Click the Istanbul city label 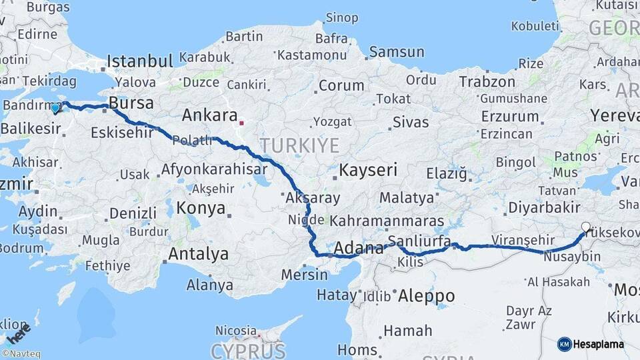[139, 61]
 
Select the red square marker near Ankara [241, 123]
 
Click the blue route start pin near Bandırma [55, 107]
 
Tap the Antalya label [198, 254]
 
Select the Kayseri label [368, 170]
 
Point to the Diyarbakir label [544, 207]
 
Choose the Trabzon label [487, 82]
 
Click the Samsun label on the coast [397, 52]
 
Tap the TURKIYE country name [299, 145]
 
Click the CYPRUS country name [248, 350]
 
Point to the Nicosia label [235, 330]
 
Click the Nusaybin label [571, 257]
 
